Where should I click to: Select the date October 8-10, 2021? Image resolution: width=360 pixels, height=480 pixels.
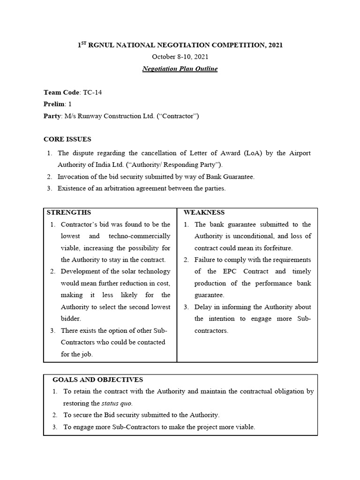coord(180,57)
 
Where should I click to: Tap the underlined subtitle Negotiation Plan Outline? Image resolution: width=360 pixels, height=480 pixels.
coord(180,69)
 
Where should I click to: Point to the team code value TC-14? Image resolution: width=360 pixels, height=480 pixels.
coord(92,92)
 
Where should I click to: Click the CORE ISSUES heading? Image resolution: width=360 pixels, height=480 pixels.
coord(67,139)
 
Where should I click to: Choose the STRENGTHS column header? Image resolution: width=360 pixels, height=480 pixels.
coord(69,212)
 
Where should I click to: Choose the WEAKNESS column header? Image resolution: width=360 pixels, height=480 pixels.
coord(204,212)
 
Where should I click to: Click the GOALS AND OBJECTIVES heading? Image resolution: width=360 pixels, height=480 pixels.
coord(98,379)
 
